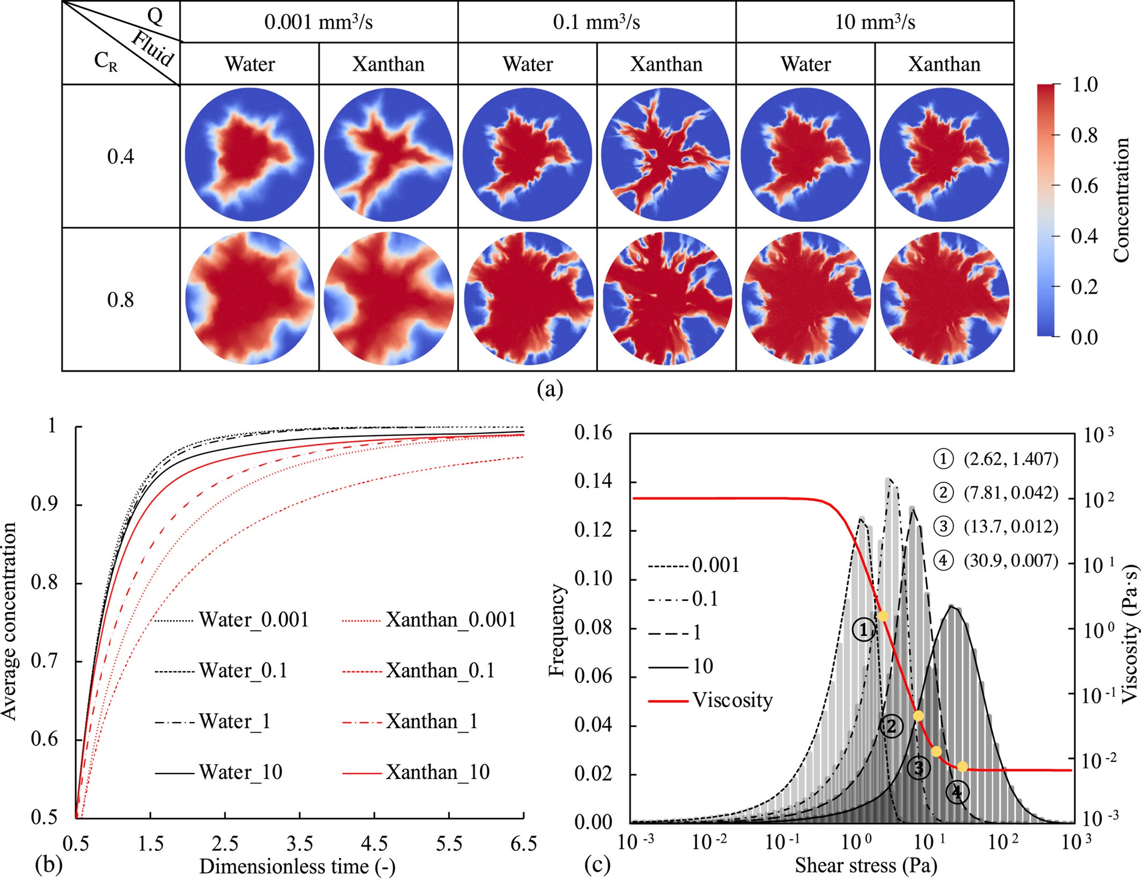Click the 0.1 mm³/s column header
point(596,22)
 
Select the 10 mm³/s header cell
point(875,22)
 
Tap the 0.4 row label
point(121,156)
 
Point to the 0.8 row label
point(121,300)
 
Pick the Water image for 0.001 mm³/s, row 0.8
point(250,298)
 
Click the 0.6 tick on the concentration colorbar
point(1084,186)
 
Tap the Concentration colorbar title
point(1121,200)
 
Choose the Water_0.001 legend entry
point(232,620)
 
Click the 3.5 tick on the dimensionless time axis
point(300,844)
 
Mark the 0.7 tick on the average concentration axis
point(44,661)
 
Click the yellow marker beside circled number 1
point(883,616)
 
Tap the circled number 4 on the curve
point(956,792)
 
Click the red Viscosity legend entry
point(710,700)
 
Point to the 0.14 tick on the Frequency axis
point(593,482)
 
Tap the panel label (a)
point(549,389)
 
